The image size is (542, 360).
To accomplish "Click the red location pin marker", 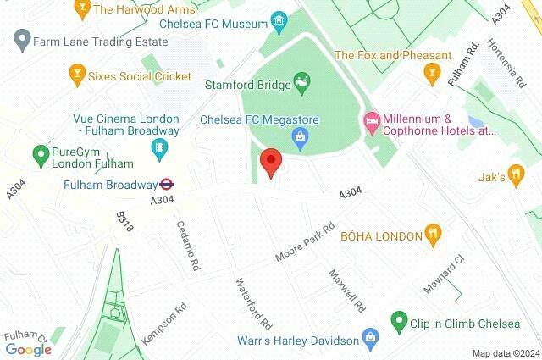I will pos(270,161).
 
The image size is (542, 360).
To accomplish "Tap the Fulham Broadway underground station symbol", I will pos(167,183).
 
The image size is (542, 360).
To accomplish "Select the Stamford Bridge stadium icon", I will pos(301,82).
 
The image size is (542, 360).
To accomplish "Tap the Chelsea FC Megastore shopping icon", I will pos(299,136).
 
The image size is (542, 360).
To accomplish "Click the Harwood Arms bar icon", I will pos(82,10).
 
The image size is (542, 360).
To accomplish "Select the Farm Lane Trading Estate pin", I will pos(22,39).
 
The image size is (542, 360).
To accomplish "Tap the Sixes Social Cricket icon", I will pos(78,75).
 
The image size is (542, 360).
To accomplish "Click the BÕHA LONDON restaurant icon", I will pos(434,235).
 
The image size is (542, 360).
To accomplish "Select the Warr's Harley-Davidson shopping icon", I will pos(370,340).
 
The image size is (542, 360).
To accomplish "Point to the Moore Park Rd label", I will pos(306,242).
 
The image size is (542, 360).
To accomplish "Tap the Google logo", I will pos(28,350).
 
